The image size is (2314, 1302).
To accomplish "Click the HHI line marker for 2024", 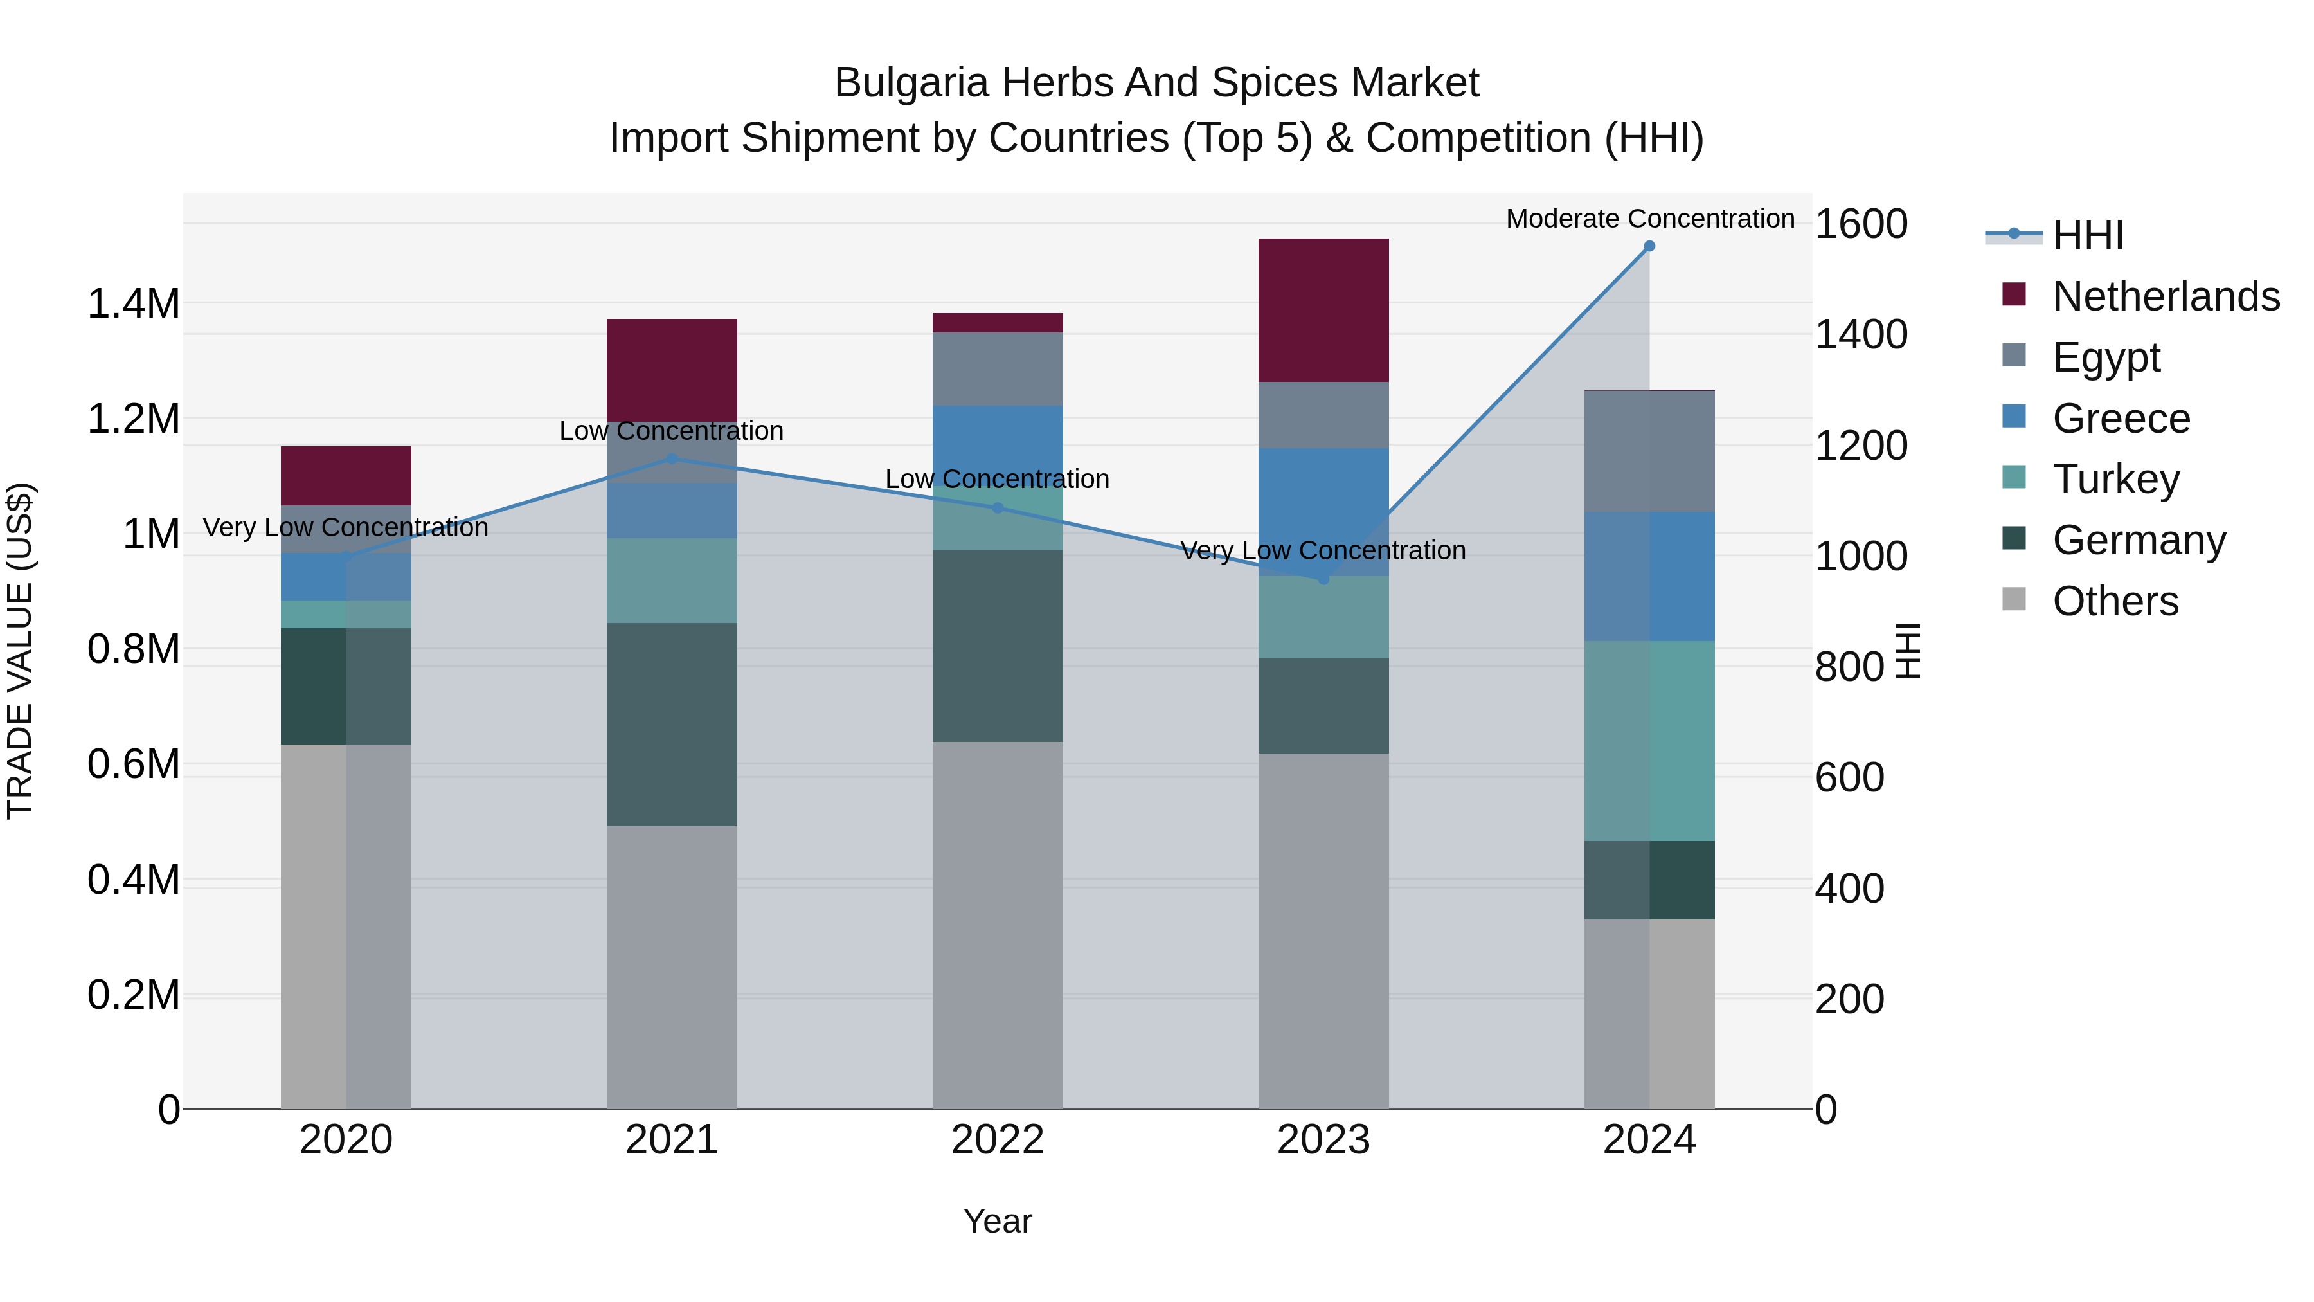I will (1649, 246).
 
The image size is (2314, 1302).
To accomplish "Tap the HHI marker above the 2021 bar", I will (671, 459).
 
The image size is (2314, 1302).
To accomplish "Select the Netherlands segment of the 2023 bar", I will (1323, 310).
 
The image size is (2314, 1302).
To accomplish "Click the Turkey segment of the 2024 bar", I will (1649, 741).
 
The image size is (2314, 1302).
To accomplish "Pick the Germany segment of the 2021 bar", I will (671, 724).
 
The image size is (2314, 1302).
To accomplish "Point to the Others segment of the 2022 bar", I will (997, 925).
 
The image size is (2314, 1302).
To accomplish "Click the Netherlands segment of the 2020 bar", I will (346, 475).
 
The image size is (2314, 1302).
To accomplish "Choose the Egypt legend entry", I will (2106, 357).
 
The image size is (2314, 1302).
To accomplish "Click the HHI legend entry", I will (2088, 235).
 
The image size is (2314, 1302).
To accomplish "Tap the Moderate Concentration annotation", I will (1649, 219).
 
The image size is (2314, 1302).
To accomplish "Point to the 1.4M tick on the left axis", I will (133, 303).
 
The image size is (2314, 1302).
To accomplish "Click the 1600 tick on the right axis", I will (1860, 224).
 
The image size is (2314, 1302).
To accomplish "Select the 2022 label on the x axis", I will (997, 1140).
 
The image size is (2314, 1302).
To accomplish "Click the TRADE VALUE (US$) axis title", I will (20, 651).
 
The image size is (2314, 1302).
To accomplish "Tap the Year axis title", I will (997, 1221).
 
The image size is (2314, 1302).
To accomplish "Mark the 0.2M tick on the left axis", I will (133, 995).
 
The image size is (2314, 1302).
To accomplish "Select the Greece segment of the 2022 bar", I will (997, 445).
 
